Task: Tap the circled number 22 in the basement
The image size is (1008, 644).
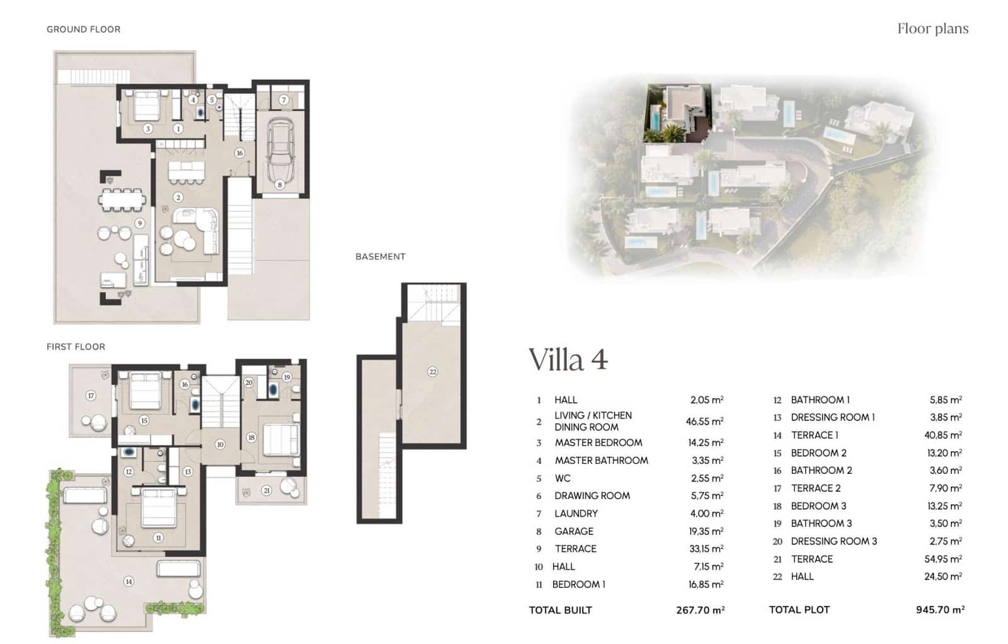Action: click(x=432, y=372)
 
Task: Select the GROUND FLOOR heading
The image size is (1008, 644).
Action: click(x=83, y=29)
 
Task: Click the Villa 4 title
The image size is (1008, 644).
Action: click(x=568, y=360)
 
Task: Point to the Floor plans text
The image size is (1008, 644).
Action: click(x=932, y=28)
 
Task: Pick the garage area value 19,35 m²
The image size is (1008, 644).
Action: click(x=706, y=531)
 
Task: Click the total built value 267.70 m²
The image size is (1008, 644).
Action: click(x=699, y=610)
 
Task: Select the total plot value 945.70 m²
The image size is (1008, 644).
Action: click(x=940, y=609)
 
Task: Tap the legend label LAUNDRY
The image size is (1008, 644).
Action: click(x=576, y=514)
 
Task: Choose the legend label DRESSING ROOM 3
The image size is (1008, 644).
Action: click(x=833, y=541)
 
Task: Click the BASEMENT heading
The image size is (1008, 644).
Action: click(x=380, y=256)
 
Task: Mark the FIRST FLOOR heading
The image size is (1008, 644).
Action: click(x=76, y=347)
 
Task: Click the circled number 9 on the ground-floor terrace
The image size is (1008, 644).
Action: click(x=140, y=223)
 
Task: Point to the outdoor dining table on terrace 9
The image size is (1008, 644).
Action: click(x=122, y=200)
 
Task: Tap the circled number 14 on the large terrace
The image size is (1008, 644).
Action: click(x=129, y=582)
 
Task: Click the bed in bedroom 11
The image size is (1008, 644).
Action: click(x=157, y=508)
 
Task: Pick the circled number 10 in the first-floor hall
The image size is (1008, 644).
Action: click(x=220, y=444)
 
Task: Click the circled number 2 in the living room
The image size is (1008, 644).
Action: click(x=178, y=197)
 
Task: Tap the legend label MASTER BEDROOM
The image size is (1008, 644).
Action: click(x=598, y=443)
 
